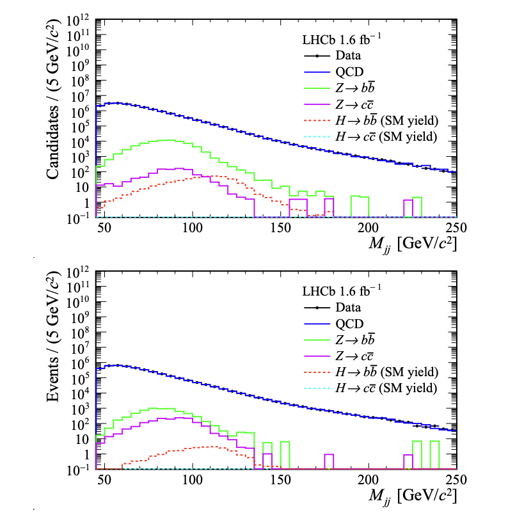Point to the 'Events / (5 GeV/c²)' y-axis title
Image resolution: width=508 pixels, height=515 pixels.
pyautogui.click(x=56, y=365)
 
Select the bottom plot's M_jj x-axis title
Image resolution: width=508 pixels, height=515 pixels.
pyautogui.click(x=409, y=496)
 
